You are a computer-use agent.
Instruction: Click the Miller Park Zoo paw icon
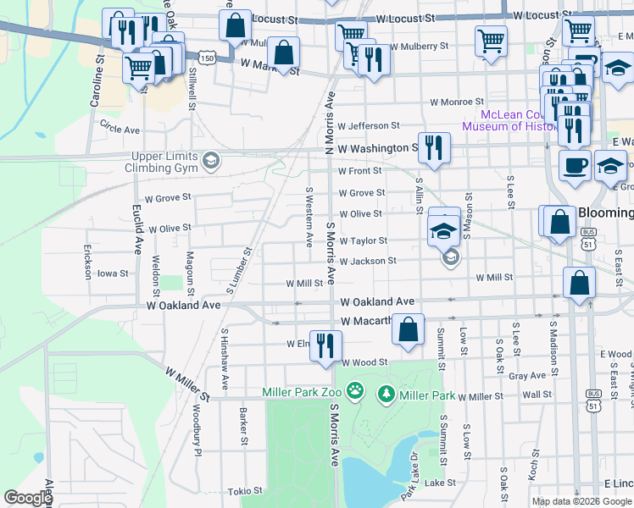[x=356, y=394]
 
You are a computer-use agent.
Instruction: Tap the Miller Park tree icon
[x=387, y=394]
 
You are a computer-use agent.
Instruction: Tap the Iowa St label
[x=112, y=273]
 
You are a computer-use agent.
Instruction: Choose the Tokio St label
[x=247, y=491]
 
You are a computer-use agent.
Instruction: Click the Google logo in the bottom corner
[x=27, y=499]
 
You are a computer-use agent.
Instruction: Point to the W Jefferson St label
[x=368, y=125]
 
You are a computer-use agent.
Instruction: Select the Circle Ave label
[x=120, y=130]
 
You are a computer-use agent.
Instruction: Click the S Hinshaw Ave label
[x=225, y=358]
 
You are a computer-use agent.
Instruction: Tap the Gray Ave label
[x=526, y=375]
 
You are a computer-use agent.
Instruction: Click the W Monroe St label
[x=456, y=101]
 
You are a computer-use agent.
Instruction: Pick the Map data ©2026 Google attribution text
[x=581, y=501]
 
